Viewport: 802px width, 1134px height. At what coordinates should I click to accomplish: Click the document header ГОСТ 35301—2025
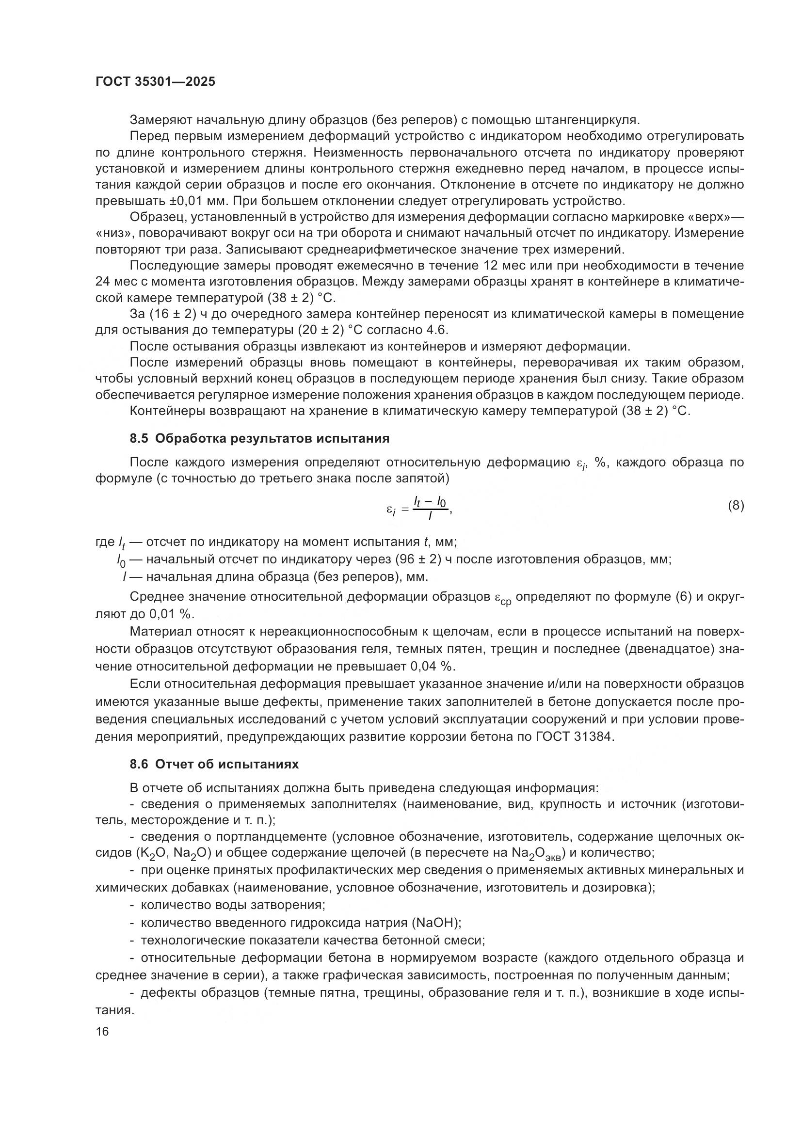pyautogui.click(x=155, y=82)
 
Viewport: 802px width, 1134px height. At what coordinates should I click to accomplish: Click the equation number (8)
pyautogui.click(x=736, y=505)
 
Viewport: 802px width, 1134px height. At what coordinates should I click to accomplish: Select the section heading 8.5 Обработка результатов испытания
pyautogui.click(x=259, y=439)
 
